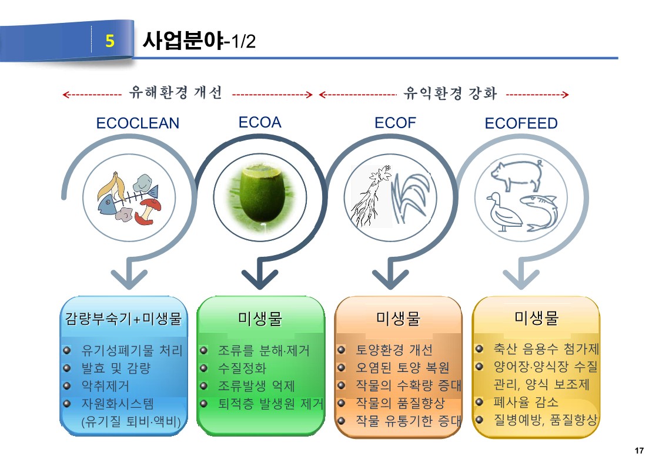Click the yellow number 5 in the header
point(110,41)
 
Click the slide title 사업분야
point(183,41)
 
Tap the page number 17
point(639,451)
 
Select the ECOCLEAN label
point(138,123)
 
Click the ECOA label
point(260,122)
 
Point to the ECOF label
point(395,123)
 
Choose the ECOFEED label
point(521,123)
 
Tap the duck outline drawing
point(503,212)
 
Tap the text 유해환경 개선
point(176,92)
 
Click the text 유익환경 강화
point(450,93)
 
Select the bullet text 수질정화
point(242,368)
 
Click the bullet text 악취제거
point(105,385)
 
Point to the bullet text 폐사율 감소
point(526,402)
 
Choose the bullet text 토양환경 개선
point(394,350)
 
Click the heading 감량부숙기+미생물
point(123,319)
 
